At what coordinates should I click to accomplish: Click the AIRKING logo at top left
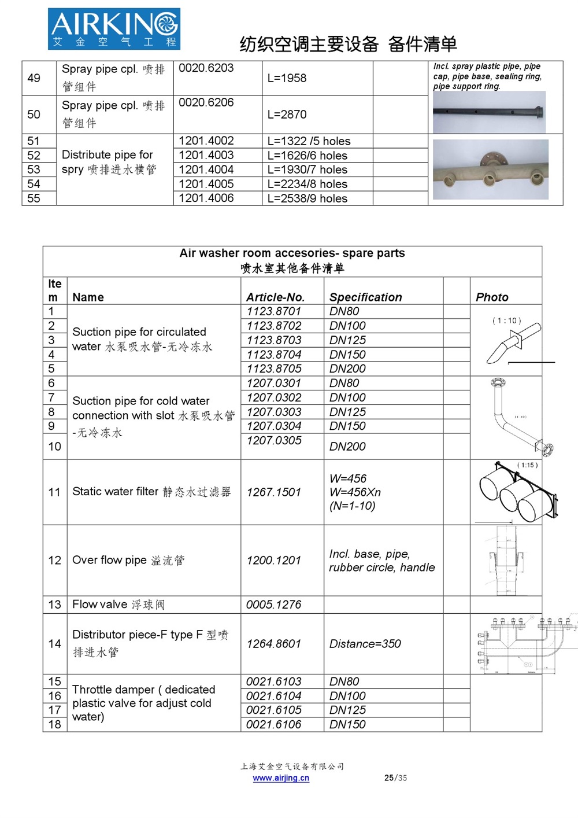114,28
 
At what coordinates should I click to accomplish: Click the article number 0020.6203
206,68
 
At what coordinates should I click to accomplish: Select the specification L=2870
287,115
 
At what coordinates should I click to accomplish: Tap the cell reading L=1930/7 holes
307,170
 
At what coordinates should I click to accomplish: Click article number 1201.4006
206,198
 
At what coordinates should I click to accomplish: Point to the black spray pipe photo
489,112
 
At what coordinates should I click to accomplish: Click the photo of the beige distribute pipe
491,170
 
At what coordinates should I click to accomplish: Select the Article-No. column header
275,297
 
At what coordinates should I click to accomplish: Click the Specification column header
365,297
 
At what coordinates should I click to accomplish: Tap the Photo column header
492,297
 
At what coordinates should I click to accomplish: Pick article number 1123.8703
274,340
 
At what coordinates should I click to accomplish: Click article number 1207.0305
274,440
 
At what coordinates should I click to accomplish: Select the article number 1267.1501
274,492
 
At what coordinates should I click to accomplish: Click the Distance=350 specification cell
365,644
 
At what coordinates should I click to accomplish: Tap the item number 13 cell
55,605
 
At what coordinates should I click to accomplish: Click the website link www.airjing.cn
281,778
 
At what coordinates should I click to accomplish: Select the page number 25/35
395,778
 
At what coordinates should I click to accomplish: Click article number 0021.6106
274,724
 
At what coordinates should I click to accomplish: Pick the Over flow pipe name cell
128,560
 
